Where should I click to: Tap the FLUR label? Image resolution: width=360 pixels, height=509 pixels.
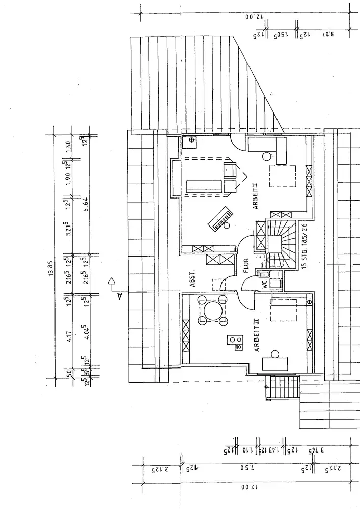tap(246, 265)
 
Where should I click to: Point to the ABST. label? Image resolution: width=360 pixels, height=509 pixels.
tap(193, 279)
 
